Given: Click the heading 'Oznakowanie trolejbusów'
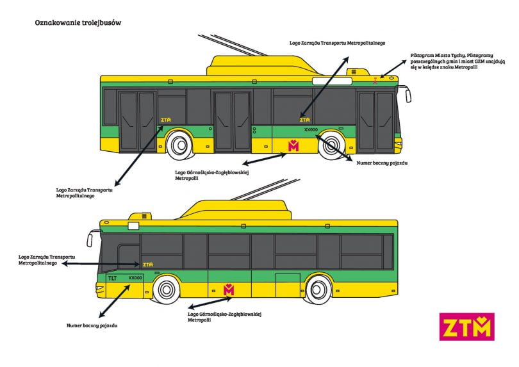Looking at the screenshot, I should click(78, 22).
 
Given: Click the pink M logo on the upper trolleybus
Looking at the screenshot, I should click(293, 145).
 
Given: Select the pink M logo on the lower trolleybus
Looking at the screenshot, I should click(229, 290).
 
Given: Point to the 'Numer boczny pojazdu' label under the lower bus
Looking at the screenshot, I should click(92, 325).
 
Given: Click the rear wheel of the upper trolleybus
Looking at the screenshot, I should click(179, 146).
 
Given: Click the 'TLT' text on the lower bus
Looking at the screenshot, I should click(113, 278).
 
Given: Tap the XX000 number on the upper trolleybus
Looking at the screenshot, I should click(311, 130).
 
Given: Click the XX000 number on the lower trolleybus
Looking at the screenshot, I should click(135, 278).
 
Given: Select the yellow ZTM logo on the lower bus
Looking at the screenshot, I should click(148, 264).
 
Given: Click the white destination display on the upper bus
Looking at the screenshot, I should click(326, 81).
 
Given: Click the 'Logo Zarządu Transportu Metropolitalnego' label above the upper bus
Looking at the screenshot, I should click(336, 41).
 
